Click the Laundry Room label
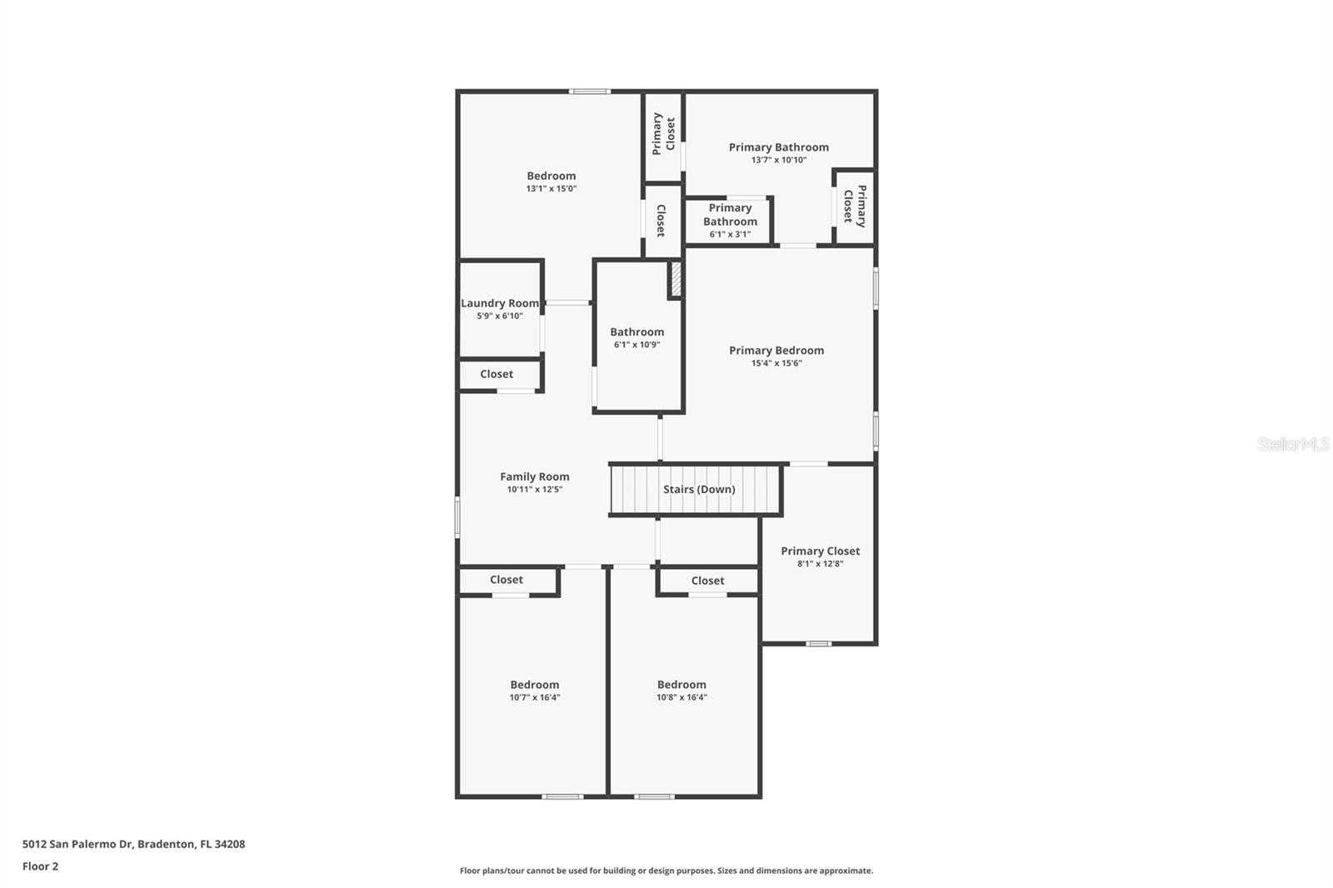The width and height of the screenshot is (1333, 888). click(x=500, y=303)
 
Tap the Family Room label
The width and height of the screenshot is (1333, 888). click(x=535, y=476)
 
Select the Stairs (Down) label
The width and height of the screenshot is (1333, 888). click(x=699, y=489)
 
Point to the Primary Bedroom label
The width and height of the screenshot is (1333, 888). click(x=776, y=350)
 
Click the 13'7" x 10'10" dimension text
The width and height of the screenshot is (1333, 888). click(x=779, y=160)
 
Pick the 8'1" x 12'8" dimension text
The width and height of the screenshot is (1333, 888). click(x=821, y=564)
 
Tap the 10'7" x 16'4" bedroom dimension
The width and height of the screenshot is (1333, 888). click(x=535, y=698)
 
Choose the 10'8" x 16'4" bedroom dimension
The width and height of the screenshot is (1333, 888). click(x=681, y=698)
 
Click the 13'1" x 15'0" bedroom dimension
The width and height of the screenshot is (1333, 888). click(x=552, y=189)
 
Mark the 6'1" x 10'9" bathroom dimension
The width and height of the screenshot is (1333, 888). click(x=637, y=345)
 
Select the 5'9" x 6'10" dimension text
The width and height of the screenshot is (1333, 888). click(x=500, y=317)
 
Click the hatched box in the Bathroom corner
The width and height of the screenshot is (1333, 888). click(x=676, y=279)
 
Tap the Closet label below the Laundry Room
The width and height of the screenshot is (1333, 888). click(x=497, y=374)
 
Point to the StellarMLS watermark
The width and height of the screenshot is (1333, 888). click(x=1293, y=444)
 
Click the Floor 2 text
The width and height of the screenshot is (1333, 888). click(x=40, y=866)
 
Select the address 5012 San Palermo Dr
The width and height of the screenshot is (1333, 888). click(x=133, y=844)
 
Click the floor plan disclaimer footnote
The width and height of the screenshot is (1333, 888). click(x=666, y=871)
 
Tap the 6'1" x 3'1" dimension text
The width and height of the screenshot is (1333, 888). click(x=730, y=235)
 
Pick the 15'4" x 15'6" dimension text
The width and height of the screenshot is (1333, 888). click(x=776, y=363)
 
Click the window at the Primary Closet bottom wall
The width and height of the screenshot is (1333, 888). click(x=819, y=643)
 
